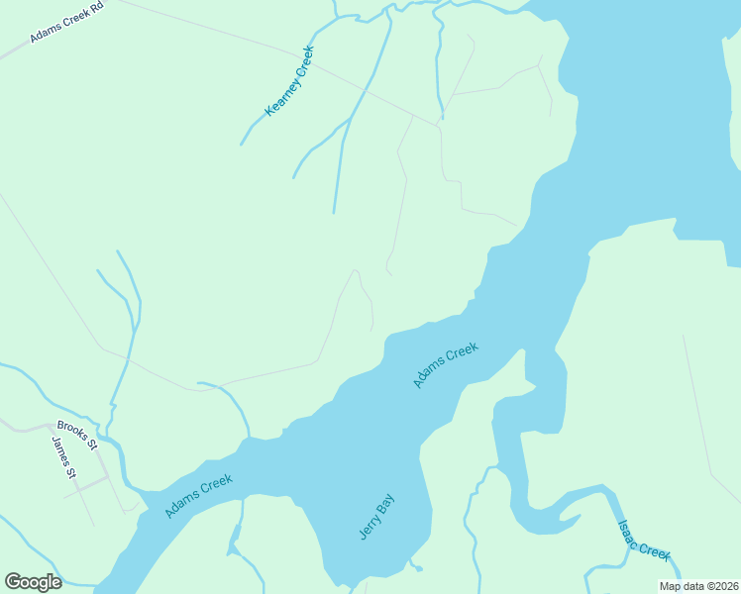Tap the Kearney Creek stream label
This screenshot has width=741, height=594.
point(290,81)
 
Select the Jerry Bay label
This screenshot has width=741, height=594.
point(376,517)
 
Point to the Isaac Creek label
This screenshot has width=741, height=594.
point(644,541)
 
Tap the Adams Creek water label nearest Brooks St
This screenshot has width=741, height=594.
point(199,496)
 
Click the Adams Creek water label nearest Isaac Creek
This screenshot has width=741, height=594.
point(446,364)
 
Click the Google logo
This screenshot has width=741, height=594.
point(33,582)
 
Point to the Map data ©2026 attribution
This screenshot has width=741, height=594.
point(698,586)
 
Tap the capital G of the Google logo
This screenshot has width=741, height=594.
point(13,582)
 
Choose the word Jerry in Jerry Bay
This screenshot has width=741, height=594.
point(369,527)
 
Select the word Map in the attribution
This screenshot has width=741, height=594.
point(671,586)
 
